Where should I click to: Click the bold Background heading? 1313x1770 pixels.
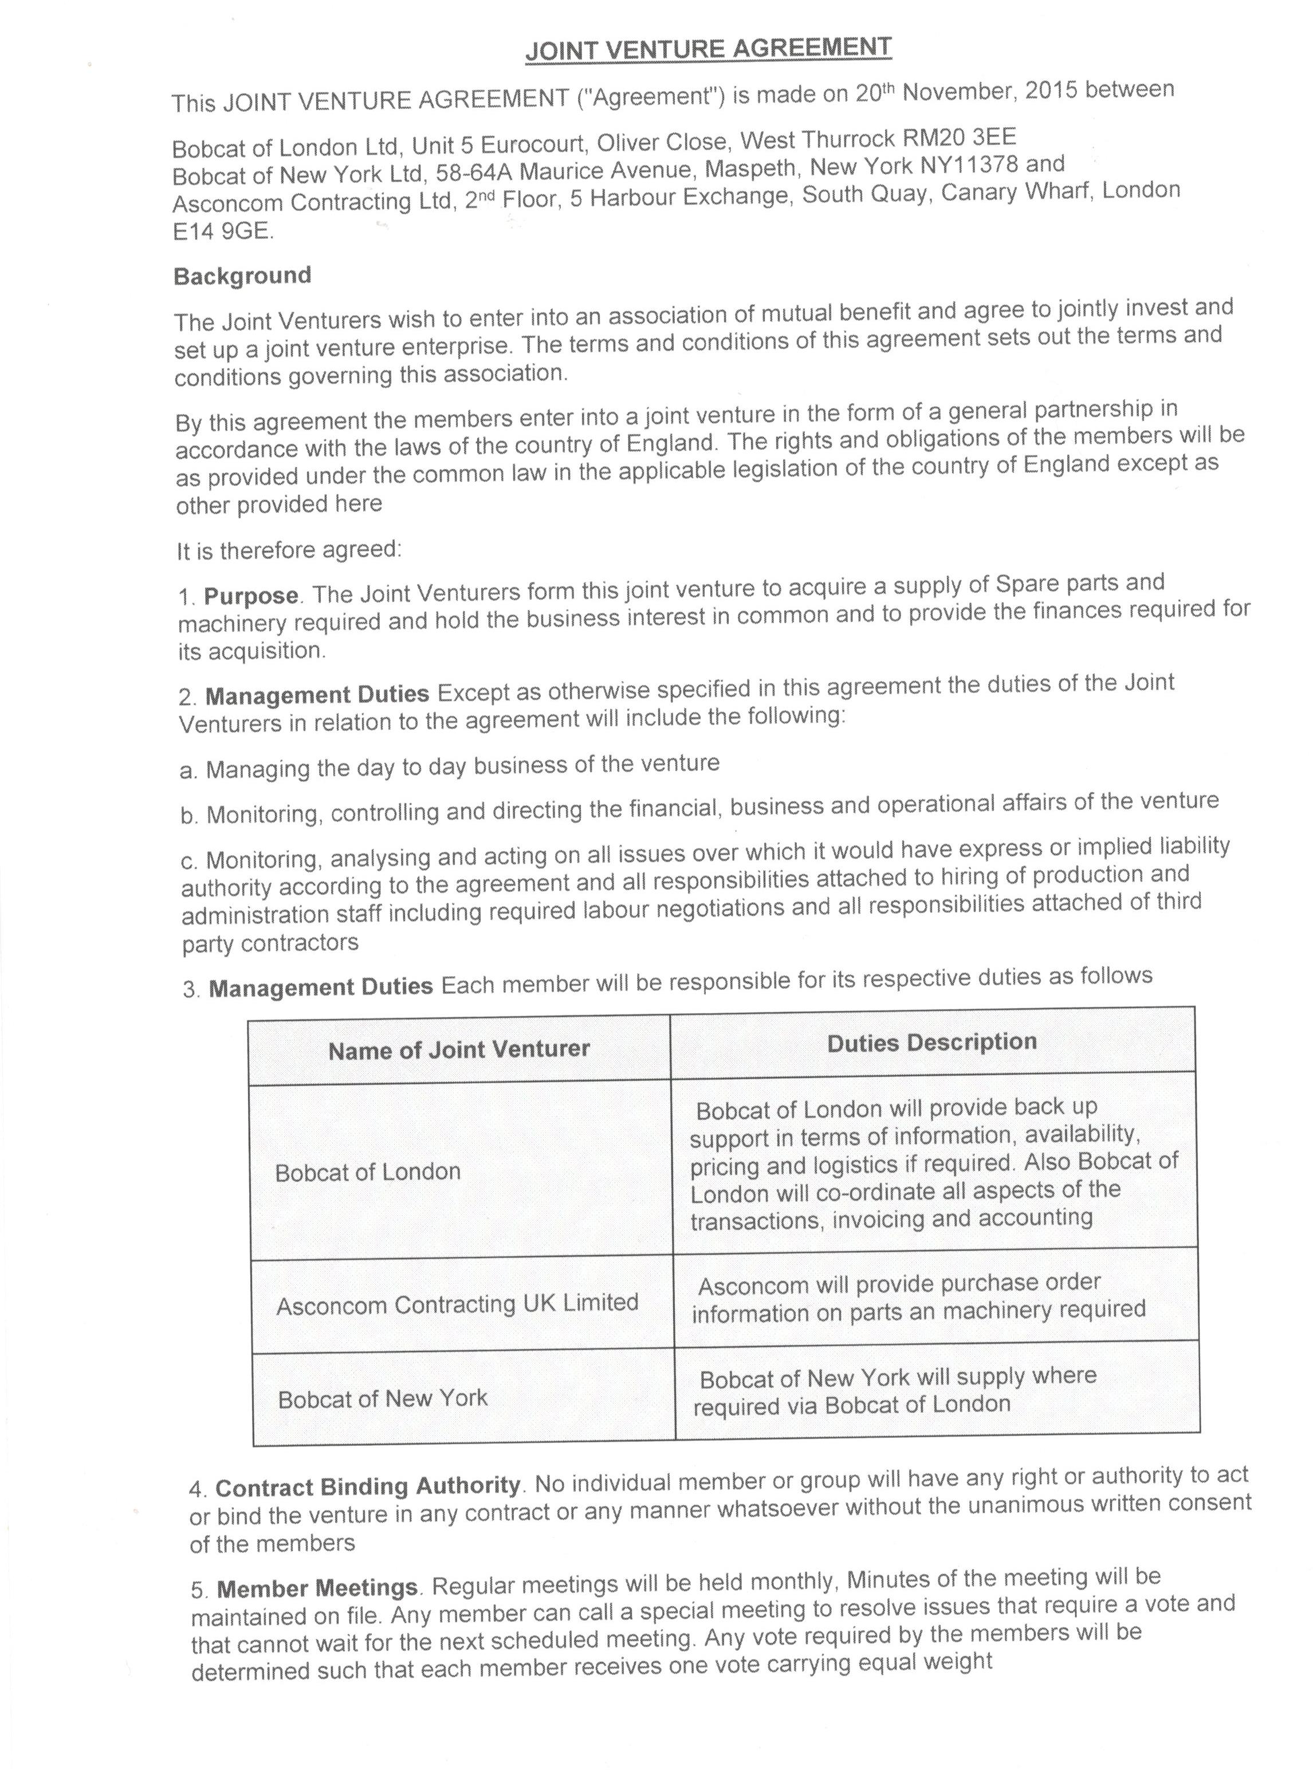click(x=242, y=276)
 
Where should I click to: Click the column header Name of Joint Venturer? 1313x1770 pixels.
click(x=459, y=1050)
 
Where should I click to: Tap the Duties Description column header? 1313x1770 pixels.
click(x=931, y=1043)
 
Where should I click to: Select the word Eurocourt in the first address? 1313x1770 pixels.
click(x=533, y=144)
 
